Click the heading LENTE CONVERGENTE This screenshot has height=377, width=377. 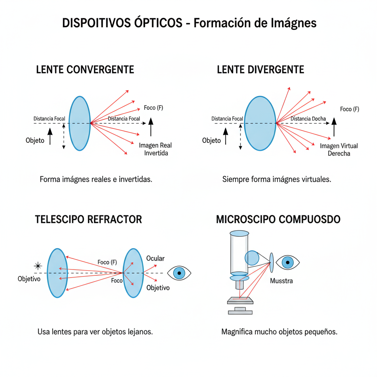tap(85, 70)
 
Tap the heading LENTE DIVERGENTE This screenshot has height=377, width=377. tap(261, 70)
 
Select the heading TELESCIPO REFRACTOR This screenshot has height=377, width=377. tap(88, 220)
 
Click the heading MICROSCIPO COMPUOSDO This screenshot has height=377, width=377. tap(278, 220)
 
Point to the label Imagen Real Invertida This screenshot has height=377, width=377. tap(155, 149)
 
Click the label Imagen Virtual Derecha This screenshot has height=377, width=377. tap(339, 150)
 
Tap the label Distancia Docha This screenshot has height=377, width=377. tap(308, 119)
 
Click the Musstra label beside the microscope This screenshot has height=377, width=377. tap(281, 281)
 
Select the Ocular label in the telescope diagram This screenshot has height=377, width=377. tap(155, 258)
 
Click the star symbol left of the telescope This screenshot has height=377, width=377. tap(37, 265)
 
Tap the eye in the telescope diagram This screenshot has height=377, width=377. tap(179, 273)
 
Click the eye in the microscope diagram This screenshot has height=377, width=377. tap(288, 262)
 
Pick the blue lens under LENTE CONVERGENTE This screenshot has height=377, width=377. tap(80, 123)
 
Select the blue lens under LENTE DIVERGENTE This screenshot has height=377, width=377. tap(260, 123)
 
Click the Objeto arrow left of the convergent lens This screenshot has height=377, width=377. tap(50, 136)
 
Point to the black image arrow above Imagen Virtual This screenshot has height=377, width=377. tap(334, 127)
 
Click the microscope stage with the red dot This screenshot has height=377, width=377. tap(240, 300)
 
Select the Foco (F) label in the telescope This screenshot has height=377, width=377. tap(107, 262)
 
